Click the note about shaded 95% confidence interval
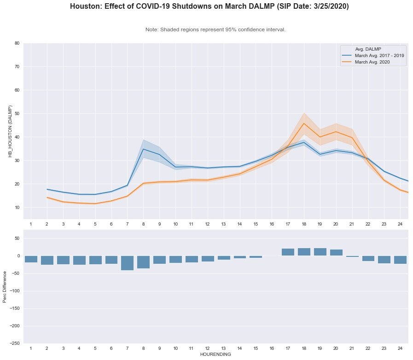(215, 29)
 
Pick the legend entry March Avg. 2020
(372, 62)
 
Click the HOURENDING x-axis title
(215, 354)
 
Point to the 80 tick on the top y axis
(17, 43)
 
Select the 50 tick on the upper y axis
(17, 114)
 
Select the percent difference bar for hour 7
(127, 263)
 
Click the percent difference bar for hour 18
(304, 252)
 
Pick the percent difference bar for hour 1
(31, 259)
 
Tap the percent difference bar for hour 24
(400, 260)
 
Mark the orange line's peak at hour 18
(304, 123)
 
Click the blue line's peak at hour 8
(143, 149)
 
